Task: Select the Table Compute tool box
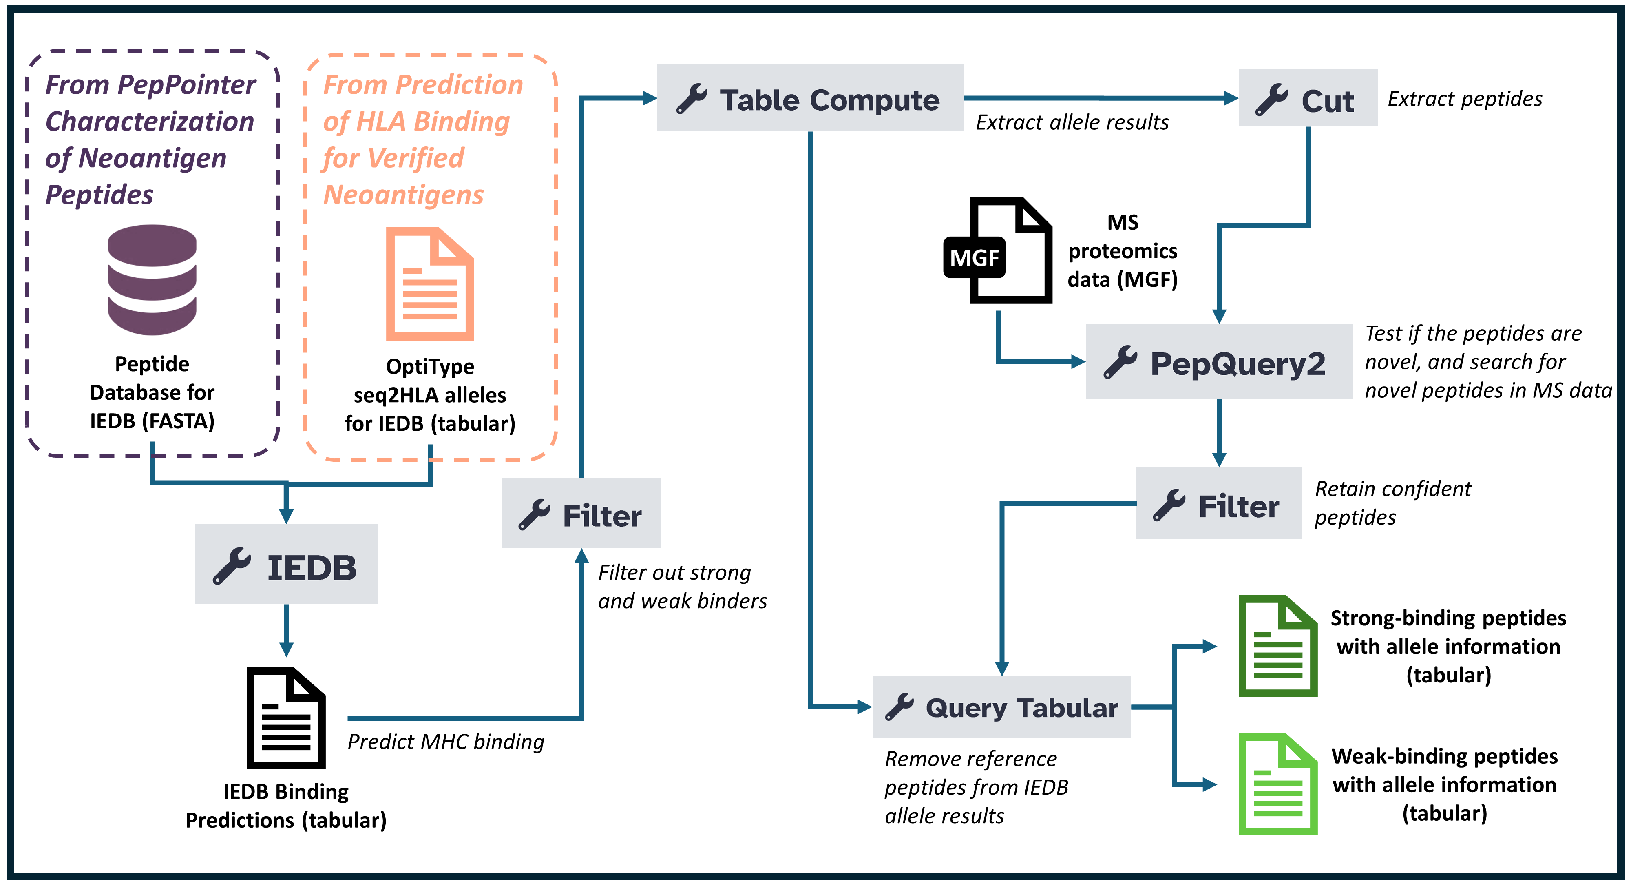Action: point(810,98)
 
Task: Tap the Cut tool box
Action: point(1308,98)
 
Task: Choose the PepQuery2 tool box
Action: point(1219,361)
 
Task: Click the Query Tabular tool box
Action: point(1001,707)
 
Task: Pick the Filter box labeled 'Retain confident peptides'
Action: point(1219,503)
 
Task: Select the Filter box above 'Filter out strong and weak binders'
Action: point(581,513)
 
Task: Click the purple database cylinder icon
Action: point(152,280)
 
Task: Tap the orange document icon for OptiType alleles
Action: point(430,284)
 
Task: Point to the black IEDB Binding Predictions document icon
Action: point(286,718)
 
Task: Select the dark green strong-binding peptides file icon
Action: point(1278,646)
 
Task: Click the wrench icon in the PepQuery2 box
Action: point(1120,362)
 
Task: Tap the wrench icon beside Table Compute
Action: point(692,99)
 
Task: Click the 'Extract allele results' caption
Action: point(1072,122)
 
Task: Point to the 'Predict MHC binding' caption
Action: point(446,742)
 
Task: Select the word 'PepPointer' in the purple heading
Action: point(187,84)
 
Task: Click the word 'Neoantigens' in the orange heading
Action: point(403,195)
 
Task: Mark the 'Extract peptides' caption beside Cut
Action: point(1465,99)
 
